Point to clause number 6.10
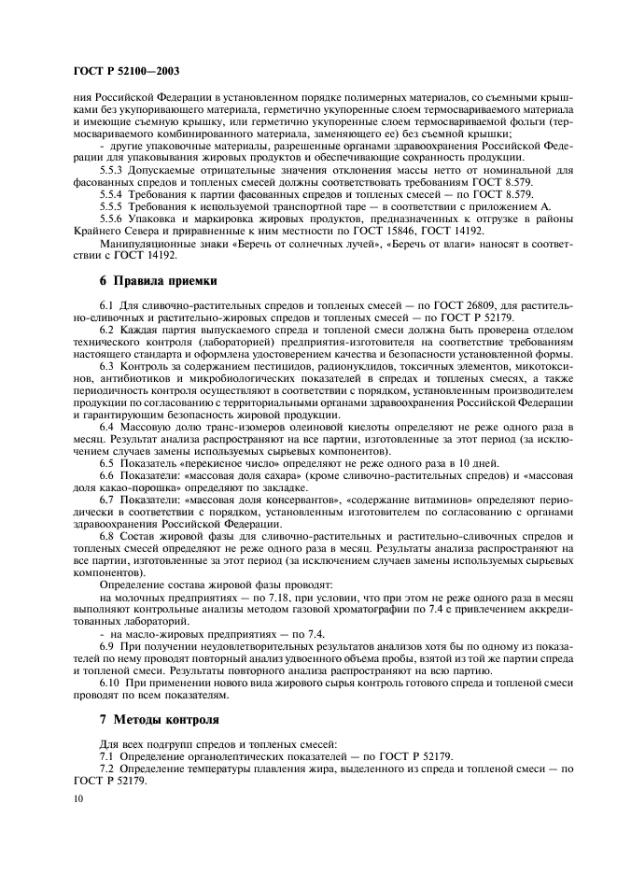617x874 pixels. [x=111, y=684]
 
